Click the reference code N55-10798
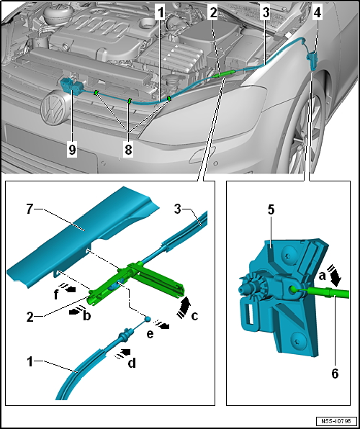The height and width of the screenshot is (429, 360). click(334, 420)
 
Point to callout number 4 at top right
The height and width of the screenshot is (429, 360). click(318, 12)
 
